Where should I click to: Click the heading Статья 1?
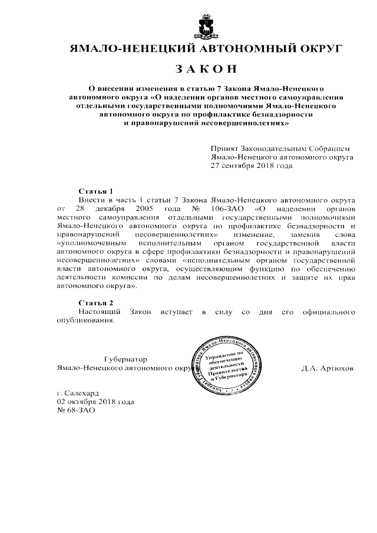pyautogui.click(x=95, y=192)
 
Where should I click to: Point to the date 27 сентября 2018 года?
pyautogui.click(x=252, y=166)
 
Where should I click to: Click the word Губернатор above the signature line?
pyautogui.click(x=124, y=359)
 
